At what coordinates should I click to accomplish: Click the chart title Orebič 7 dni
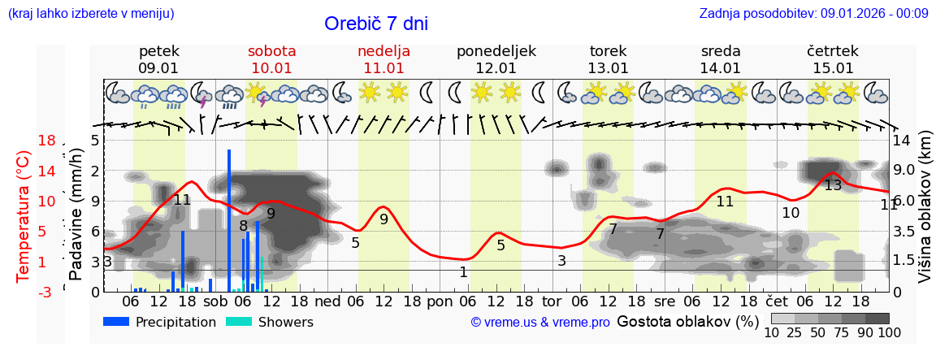pos(375,24)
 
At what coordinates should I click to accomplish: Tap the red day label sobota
pos(271,51)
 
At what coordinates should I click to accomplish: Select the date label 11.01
pos(383,68)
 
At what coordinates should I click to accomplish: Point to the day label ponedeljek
pos(496,51)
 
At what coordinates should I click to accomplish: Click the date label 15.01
pos(833,68)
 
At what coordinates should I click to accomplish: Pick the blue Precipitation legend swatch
pos(116,322)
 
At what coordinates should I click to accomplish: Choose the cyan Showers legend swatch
pos(238,322)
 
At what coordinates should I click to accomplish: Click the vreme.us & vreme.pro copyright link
pos(540,323)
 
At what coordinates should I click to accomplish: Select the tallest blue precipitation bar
pos(229,219)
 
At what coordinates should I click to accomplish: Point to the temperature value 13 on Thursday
pos(833,185)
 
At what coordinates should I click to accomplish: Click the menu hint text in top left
pos(91,13)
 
